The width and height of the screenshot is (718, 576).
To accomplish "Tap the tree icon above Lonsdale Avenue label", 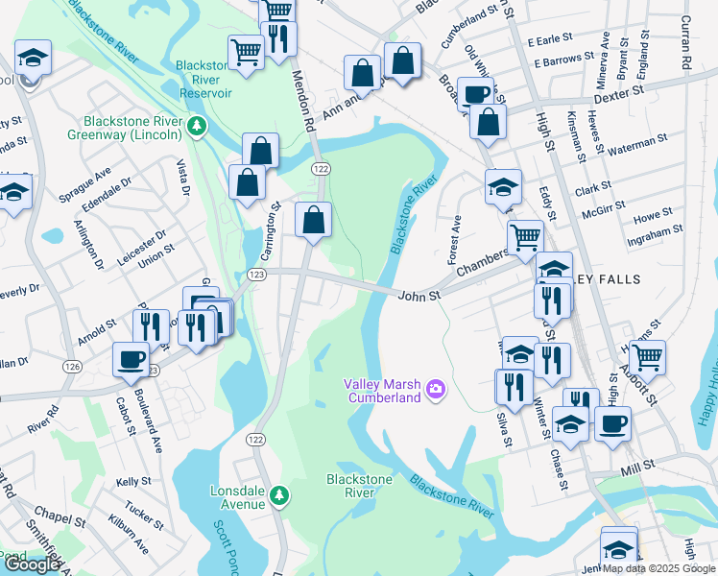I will [279, 495].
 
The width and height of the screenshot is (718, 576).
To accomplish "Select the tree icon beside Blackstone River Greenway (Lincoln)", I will [197, 125].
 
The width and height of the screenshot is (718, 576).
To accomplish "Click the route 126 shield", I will [72, 366].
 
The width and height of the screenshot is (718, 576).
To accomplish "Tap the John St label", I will [419, 296].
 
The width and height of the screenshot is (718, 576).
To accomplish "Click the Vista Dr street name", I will [180, 179].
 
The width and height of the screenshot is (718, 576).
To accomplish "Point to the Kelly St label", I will [133, 481].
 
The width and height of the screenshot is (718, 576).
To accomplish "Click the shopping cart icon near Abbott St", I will [649, 357].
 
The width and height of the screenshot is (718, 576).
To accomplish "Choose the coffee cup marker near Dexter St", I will [474, 93].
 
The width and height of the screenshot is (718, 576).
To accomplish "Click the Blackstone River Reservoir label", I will [203, 80].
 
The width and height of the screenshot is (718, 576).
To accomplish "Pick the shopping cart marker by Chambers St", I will [524, 236].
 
